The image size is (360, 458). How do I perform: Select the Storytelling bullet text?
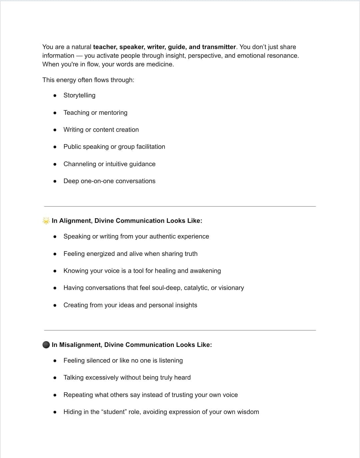79,95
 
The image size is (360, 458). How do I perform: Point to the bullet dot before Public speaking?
55,147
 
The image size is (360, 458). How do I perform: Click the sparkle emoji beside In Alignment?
46,221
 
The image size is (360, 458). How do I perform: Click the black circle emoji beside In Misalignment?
46,345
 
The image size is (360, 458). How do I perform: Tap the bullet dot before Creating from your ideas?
55,305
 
